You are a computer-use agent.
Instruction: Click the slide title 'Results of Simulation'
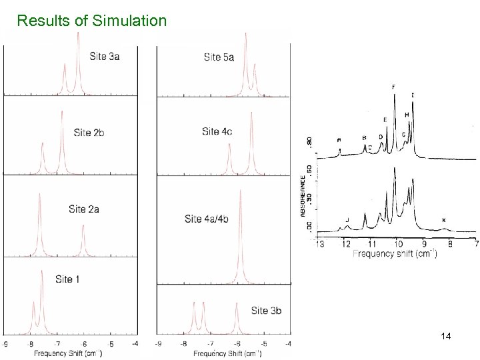point(92,21)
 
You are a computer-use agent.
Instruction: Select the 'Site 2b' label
point(89,133)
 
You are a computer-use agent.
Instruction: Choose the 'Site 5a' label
point(219,57)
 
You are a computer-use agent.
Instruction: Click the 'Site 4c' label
point(217,131)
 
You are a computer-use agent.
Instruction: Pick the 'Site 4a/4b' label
point(206,219)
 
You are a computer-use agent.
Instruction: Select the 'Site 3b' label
point(266,311)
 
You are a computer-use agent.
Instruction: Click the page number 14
point(447,338)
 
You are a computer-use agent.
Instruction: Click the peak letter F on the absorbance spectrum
point(393,87)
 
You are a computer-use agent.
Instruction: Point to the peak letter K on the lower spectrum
point(444,220)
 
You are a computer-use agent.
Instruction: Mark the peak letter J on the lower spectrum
point(347,219)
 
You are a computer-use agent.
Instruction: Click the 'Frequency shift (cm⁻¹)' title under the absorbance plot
point(394,253)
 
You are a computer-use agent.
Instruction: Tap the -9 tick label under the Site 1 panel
point(6,344)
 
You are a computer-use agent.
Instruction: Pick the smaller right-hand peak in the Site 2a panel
point(83,237)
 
